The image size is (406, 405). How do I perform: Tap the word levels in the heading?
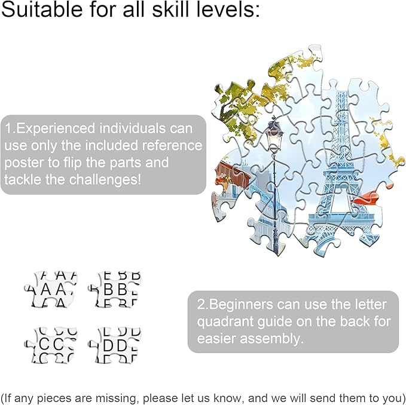click(225, 9)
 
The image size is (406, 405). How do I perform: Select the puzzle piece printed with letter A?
click(51, 289)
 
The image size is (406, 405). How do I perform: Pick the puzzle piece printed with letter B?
click(114, 289)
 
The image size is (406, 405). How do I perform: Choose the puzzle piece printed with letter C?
click(51, 345)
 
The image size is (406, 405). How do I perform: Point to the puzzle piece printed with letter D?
click(114, 345)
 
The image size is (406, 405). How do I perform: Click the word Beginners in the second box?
click(240, 305)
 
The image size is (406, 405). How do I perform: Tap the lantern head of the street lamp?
click(274, 135)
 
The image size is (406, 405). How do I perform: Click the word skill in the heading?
click(170, 9)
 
